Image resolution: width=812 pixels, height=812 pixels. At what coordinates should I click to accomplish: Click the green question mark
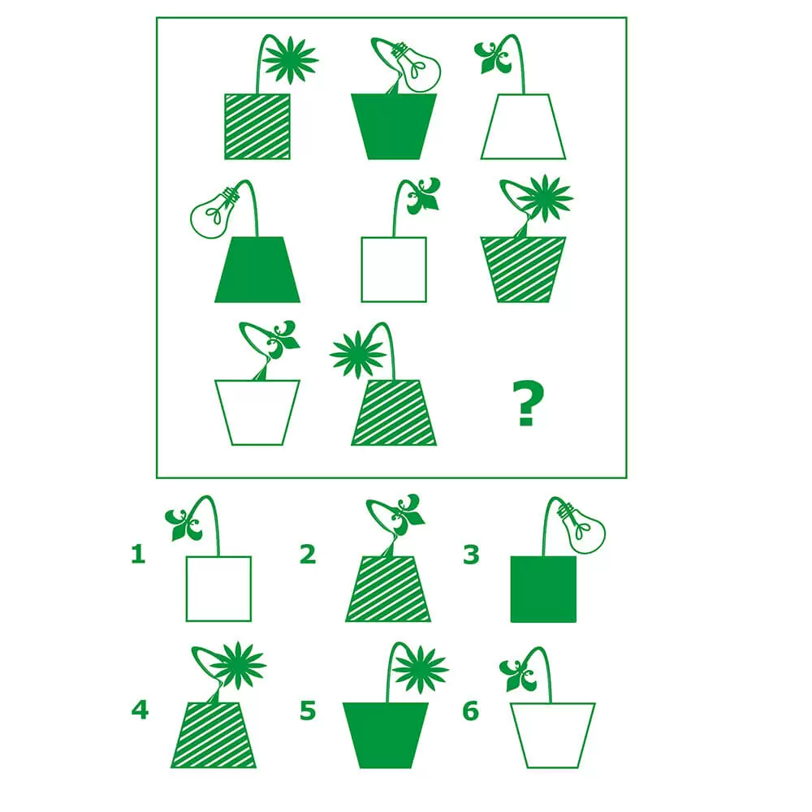click(x=528, y=403)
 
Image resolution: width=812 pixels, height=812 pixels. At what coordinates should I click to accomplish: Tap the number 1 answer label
click(x=138, y=554)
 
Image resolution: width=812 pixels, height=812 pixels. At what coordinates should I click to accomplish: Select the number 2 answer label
click(x=308, y=554)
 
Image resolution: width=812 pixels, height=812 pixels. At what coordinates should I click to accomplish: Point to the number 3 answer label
click(x=471, y=554)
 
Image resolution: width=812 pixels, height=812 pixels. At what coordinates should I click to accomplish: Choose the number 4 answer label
click(x=140, y=710)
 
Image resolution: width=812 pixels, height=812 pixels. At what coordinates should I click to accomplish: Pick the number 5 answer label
click(x=308, y=710)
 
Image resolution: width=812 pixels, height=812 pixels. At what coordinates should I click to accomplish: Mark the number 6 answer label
click(x=471, y=710)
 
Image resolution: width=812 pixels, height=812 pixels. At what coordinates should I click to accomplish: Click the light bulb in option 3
click(x=582, y=527)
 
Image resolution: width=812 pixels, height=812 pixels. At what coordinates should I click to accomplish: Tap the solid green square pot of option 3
click(x=543, y=589)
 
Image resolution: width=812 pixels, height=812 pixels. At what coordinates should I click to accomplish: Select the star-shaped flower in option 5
click(x=420, y=669)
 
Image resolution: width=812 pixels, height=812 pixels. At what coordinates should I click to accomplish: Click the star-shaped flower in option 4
click(x=238, y=666)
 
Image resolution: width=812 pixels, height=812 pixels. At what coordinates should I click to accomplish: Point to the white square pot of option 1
click(x=218, y=589)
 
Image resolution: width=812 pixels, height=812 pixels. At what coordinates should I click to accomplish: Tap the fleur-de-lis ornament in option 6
click(x=517, y=675)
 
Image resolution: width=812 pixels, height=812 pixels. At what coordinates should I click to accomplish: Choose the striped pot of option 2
click(x=388, y=589)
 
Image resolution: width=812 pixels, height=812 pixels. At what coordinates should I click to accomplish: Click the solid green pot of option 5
click(x=385, y=736)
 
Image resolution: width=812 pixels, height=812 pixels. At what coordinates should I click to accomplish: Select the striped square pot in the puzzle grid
click(x=257, y=127)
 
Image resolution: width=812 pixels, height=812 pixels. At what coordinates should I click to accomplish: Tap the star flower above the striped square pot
click(x=290, y=60)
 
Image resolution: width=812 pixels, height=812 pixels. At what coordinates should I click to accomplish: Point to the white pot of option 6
click(x=552, y=736)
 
